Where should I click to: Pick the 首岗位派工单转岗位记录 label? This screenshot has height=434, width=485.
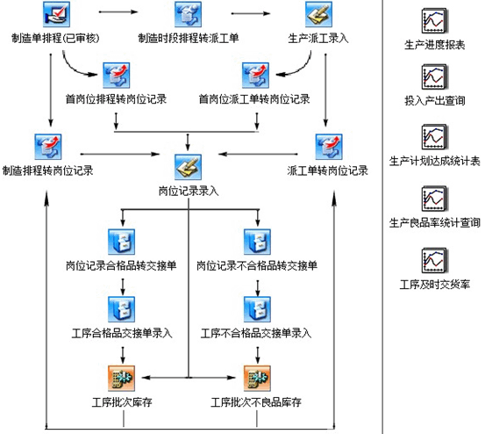point(254,98)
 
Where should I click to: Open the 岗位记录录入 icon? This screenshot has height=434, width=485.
point(189,167)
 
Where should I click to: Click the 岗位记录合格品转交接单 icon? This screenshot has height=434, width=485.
point(121,240)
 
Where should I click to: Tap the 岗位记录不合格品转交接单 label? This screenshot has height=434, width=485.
point(256,264)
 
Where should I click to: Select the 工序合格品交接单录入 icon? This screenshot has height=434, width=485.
point(121,308)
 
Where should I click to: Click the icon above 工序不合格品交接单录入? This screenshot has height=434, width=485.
point(256,308)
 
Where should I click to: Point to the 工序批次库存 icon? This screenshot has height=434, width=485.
point(121,378)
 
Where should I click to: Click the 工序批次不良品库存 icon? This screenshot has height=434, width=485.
point(256,378)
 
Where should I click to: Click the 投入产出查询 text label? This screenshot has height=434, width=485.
point(434,103)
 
